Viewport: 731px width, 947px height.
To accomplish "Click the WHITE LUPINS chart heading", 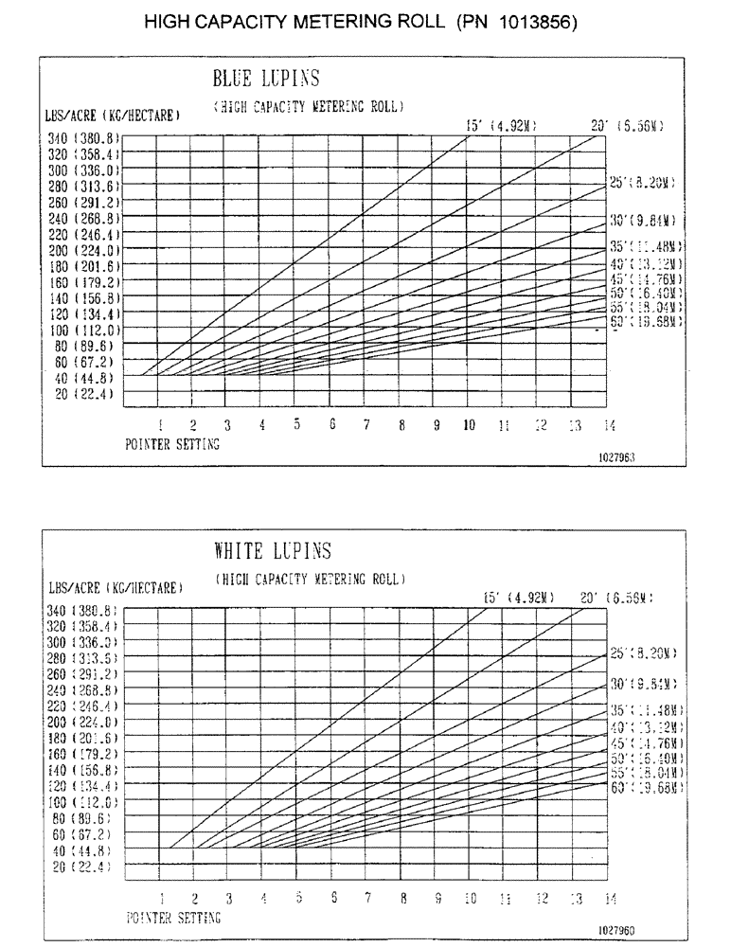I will (273, 551).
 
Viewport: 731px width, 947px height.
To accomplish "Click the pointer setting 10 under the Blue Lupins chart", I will (469, 426).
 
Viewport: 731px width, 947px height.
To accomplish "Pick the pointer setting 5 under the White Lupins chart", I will (297, 898).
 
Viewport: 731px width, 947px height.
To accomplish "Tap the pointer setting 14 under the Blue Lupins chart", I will (609, 426).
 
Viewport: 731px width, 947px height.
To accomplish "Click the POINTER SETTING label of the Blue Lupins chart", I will (172, 445).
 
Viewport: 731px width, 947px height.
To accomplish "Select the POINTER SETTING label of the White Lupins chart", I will (172, 918).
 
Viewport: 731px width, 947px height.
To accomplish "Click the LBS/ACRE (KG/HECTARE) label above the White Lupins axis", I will (115, 588).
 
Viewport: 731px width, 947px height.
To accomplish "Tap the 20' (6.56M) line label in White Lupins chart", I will (616, 598).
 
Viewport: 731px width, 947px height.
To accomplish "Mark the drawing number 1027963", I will (615, 456).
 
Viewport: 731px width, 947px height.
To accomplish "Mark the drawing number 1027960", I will (615, 930).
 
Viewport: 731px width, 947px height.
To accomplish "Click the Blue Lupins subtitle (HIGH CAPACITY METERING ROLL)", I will (309, 107).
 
